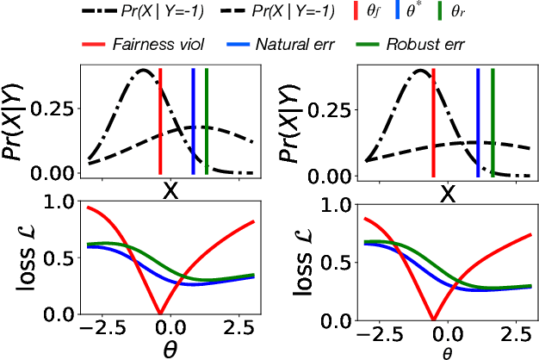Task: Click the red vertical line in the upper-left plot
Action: click(160, 121)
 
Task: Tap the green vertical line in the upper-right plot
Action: click(492, 121)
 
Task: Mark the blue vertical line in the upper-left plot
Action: click(193, 121)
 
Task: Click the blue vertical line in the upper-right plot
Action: click(478, 121)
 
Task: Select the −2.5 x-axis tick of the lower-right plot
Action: click(380, 330)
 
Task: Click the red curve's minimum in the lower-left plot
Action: click(159, 312)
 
